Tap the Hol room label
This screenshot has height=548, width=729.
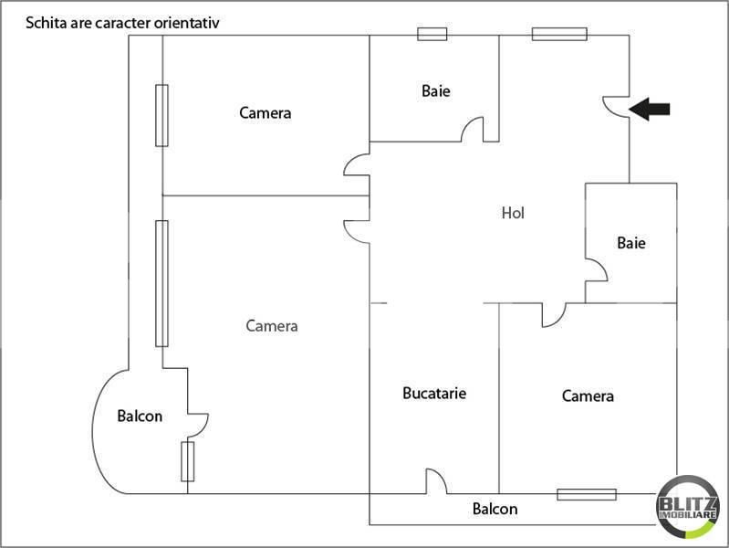[514, 214]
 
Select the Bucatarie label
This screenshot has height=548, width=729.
[434, 394]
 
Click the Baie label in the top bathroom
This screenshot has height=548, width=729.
[436, 91]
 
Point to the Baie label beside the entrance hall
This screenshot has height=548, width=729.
[631, 243]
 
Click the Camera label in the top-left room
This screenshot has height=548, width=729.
[266, 113]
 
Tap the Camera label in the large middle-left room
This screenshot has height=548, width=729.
[272, 325]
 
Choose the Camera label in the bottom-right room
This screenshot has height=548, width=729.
[588, 395]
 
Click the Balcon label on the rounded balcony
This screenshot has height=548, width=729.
[140, 416]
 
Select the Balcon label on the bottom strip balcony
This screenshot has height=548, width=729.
[495, 509]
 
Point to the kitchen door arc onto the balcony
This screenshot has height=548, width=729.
[434, 481]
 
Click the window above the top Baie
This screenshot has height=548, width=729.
[432, 35]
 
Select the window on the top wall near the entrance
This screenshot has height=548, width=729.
[558, 35]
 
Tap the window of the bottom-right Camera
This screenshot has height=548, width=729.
[587, 494]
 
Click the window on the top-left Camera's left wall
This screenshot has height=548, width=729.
[161, 115]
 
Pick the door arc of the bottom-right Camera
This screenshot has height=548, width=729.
[553, 315]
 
